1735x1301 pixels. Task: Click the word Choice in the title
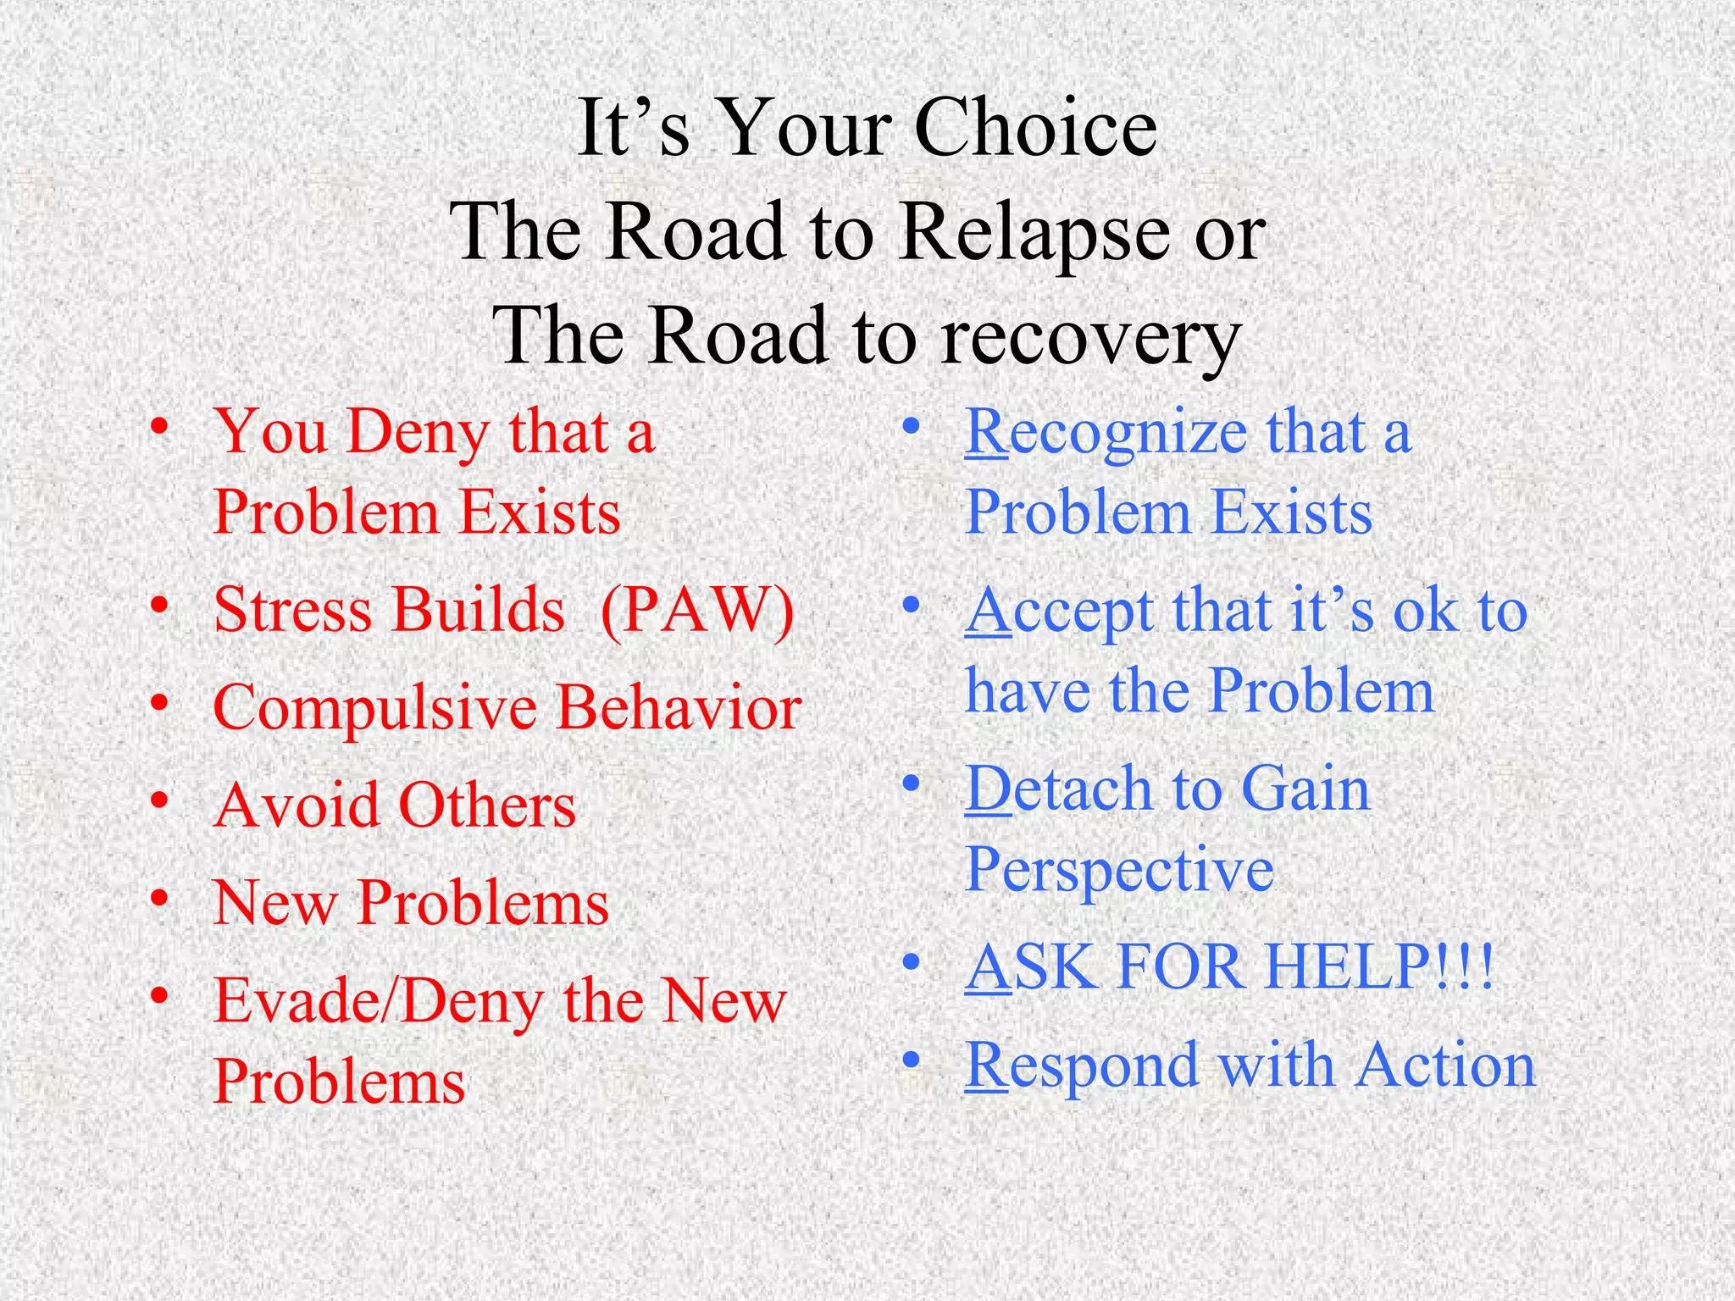point(1035,129)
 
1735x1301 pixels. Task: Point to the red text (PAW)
point(696,610)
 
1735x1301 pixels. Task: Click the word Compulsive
point(373,708)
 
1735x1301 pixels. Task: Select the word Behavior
point(679,706)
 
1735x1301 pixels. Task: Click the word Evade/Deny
point(378,1001)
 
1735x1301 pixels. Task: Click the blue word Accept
point(1059,612)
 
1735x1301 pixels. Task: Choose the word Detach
point(1059,789)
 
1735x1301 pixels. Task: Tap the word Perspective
point(1119,871)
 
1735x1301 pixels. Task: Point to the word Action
point(1445,1066)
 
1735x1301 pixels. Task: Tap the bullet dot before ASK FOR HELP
point(911,963)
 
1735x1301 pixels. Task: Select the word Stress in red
point(292,610)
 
